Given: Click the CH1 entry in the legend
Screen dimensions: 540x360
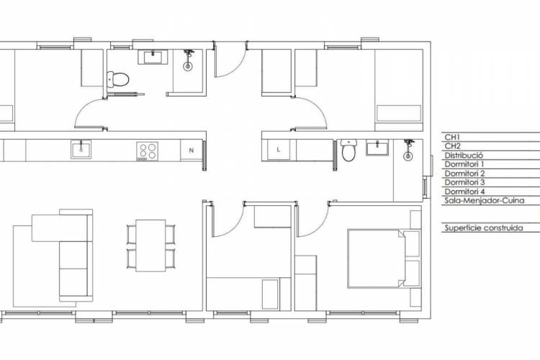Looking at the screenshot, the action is (453, 137).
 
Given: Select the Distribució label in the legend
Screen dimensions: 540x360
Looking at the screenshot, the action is (464, 156).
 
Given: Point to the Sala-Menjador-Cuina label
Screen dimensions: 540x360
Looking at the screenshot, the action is (485, 200).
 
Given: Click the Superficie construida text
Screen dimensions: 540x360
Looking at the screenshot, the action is (484, 228).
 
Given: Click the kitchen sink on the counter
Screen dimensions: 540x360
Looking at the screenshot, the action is (81, 150).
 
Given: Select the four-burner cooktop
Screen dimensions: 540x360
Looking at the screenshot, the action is (148, 151).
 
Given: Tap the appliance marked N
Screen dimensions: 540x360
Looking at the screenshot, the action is (191, 150).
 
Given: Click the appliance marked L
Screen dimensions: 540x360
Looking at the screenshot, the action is (278, 150).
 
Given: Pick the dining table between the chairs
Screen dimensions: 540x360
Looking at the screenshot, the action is (150, 246).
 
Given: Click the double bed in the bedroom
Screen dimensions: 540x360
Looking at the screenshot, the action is (376, 258).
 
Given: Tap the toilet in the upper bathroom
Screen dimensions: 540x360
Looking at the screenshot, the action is (118, 79).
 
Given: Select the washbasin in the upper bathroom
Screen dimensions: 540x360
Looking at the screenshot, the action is (153, 57).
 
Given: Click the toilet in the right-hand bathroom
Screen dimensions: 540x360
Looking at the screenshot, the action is (348, 150).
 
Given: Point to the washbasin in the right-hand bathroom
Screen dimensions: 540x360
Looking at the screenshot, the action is (377, 148).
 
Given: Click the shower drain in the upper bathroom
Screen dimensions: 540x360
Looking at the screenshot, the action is (188, 66).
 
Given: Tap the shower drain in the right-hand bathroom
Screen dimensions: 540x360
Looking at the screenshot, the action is (408, 156).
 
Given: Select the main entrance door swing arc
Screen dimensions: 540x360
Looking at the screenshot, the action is (238, 66).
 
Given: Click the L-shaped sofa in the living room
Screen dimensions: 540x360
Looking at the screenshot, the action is (63, 255).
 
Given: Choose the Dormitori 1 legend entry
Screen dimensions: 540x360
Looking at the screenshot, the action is (464, 164).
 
